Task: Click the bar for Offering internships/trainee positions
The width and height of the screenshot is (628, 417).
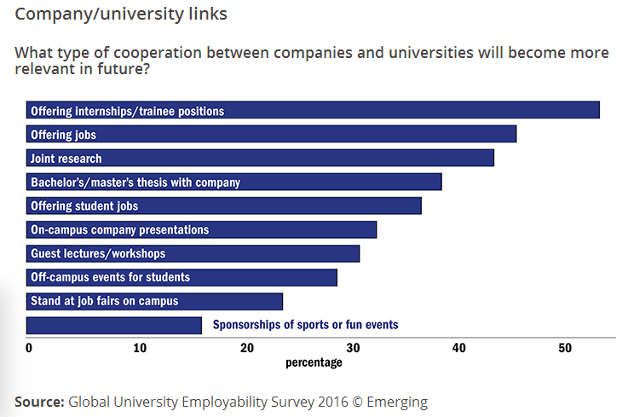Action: pyautogui.click(x=313, y=111)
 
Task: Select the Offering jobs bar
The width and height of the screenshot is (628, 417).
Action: pyautogui.click(x=271, y=135)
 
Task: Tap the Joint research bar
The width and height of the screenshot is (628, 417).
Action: pyautogui.click(x=260, y=159)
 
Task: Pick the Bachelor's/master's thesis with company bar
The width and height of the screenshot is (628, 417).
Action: pyautogui.click(x=234, y=182)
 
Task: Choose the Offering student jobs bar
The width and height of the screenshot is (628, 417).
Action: pyautogui.click(x=224, y=206)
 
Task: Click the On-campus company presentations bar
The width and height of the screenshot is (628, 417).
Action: pyautogui.click(x=201, y=229)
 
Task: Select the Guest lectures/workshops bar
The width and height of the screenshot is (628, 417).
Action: pyautogui.click(x=193, y=253)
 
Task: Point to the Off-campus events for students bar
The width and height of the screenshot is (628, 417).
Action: pyautogui.click(x=181, y=277)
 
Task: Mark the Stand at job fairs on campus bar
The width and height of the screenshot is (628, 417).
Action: pyautogui.click(x=154, y=301)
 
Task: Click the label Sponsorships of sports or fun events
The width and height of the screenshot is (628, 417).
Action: pyautogui.click(x=305, y=325)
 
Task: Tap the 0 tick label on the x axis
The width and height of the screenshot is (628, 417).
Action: pyautogui.click(x=29, y=348)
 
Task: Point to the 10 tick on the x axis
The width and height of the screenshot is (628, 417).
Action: pyautogui.click(x=140, y=348)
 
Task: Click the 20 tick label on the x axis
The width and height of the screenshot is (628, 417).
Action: pyautogui.click(x=247, y=348)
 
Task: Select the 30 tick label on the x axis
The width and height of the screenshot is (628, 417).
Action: pyautogui.click(x=354, y=348)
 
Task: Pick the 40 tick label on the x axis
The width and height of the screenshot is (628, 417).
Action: pyautogui.click(x=460, y=348)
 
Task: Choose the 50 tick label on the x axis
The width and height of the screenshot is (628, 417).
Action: pyautogui.click(x=565, y=348)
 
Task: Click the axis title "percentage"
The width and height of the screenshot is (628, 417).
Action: pyautogui.click(x=314, y=362)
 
